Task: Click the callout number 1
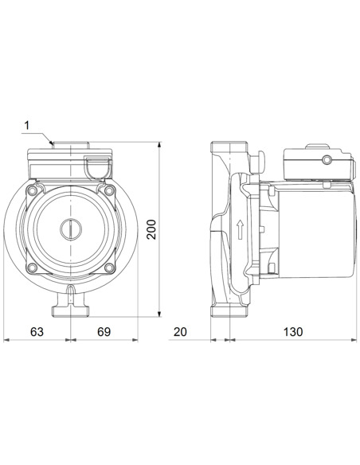pos(26,125)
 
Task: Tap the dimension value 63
pos(36,330)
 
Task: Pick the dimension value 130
pos(294,330)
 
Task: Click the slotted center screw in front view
pos(69,232)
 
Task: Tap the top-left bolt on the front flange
pos(33,192)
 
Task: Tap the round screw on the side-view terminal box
pos(325,162)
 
